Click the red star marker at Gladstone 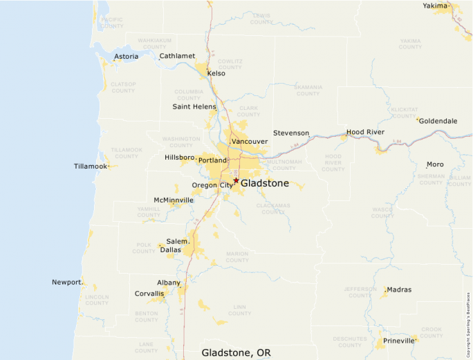point(236,181)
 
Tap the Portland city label point(212,160)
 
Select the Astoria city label point(126,57)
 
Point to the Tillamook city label point(91,167)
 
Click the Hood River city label point(364,132)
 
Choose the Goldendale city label point(438,121)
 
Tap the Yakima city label point(436,6)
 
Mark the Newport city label point(67,282)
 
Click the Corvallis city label point(149,294)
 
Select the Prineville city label point(398,340)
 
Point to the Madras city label point(399,290)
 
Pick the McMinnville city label point(174,200)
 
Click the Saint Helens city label point(194,107)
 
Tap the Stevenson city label point(291,133)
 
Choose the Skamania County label point(308,91)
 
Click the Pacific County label point(111,23)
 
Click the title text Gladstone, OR point(236,352)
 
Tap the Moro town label point(435,164)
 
